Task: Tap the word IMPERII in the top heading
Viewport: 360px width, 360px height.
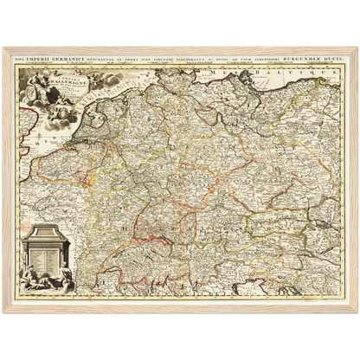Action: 43,57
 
